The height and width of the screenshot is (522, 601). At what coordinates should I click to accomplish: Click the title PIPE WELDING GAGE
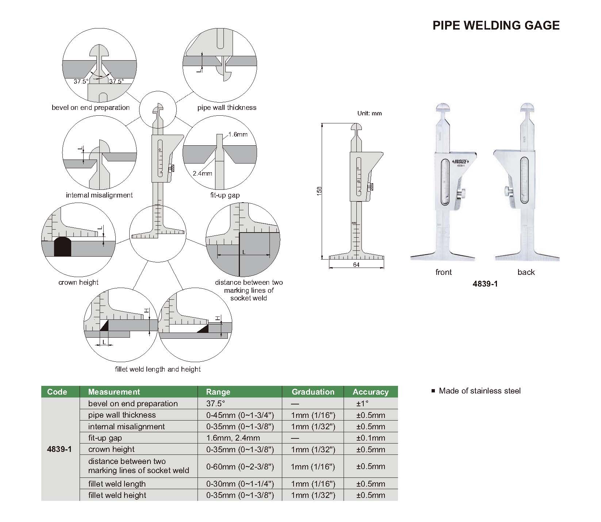pos(496,25)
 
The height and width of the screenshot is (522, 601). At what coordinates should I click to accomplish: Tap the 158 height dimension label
pos(319,191)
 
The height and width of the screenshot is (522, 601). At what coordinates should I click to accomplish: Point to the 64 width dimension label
pos(356,265)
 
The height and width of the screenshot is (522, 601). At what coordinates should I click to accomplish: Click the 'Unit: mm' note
pos(369,113)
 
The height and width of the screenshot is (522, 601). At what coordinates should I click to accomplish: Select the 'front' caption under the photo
pos(443,272)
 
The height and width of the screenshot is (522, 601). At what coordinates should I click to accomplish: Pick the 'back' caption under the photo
pos(526,272)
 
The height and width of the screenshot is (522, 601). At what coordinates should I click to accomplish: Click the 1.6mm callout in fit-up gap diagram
pos(238,134)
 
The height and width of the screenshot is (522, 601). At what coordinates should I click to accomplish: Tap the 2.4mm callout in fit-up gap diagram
pos(202,173)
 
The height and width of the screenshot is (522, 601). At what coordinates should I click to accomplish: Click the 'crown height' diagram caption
pos(78,282)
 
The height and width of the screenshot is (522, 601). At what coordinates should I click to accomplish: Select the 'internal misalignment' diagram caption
pos(99,195)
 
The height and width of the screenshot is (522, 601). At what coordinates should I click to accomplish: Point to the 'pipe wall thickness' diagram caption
pos(227,107)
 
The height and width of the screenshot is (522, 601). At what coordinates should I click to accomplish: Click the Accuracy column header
pos(370,392)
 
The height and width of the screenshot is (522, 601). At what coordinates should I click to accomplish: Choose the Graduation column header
pos(313,392)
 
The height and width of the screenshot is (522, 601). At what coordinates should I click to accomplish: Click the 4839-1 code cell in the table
pos(59,449)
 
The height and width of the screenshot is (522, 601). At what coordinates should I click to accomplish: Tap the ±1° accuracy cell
pos(362,404)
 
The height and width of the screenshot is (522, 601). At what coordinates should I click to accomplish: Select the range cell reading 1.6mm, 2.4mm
pos(233,438)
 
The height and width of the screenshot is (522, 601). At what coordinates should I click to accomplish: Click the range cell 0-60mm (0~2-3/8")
pos(240,466)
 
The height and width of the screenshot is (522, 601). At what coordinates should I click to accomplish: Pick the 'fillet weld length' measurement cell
pos(117,484)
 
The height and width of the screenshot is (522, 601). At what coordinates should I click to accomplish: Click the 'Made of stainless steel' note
pos(479,391)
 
